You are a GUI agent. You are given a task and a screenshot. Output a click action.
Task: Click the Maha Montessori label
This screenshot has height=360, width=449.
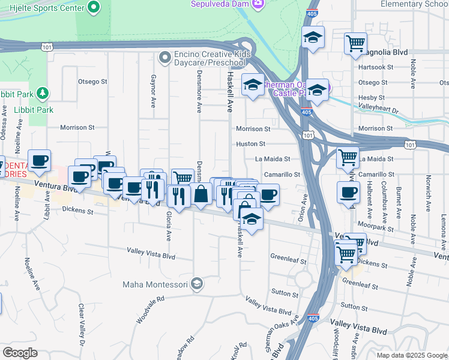(x=155, y=284)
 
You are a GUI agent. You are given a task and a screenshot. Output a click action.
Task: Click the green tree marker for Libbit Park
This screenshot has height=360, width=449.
(x=41, y=93)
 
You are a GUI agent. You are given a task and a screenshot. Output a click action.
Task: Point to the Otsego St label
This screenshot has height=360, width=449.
(x=92, y=82)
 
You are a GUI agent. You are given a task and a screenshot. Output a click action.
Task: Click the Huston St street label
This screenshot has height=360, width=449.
(x=250, y=144)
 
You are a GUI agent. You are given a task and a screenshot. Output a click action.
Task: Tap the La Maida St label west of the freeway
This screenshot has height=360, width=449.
(x=273, y=159)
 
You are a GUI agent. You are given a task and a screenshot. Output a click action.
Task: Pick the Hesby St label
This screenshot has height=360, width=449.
(x=371, y=97)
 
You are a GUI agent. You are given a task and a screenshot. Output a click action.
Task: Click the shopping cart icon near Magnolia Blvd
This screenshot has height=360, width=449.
(x=355, y=43)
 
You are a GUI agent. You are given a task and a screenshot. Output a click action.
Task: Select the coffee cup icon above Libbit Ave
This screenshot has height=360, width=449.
(x=40, y=160)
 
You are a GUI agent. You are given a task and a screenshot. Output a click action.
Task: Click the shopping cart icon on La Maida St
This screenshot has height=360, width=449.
(x=348, y=157)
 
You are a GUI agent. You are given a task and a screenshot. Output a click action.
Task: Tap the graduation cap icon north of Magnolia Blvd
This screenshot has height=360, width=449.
(x=313, y=37)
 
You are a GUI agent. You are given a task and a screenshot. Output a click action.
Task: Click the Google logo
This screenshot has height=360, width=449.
(x=20, y=353)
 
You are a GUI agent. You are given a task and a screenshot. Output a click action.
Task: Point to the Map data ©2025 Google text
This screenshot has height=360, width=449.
(x=411, y=355)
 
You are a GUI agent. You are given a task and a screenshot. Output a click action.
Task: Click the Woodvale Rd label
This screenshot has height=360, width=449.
(x=149, y=310)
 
